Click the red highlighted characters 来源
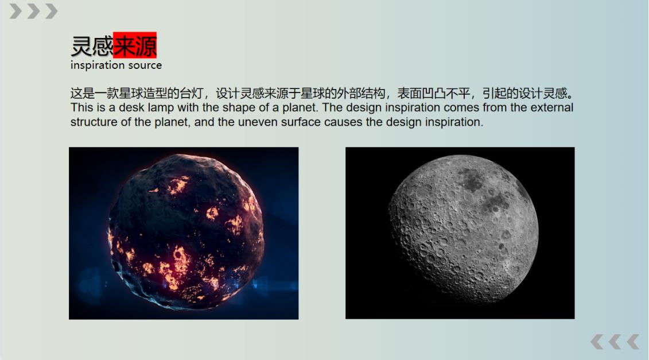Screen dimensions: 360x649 coord(135,46)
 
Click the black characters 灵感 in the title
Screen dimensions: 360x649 coord(92,46)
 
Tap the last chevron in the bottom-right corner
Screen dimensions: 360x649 coord(632,342)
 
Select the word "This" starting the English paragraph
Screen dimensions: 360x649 coord(82,108)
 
